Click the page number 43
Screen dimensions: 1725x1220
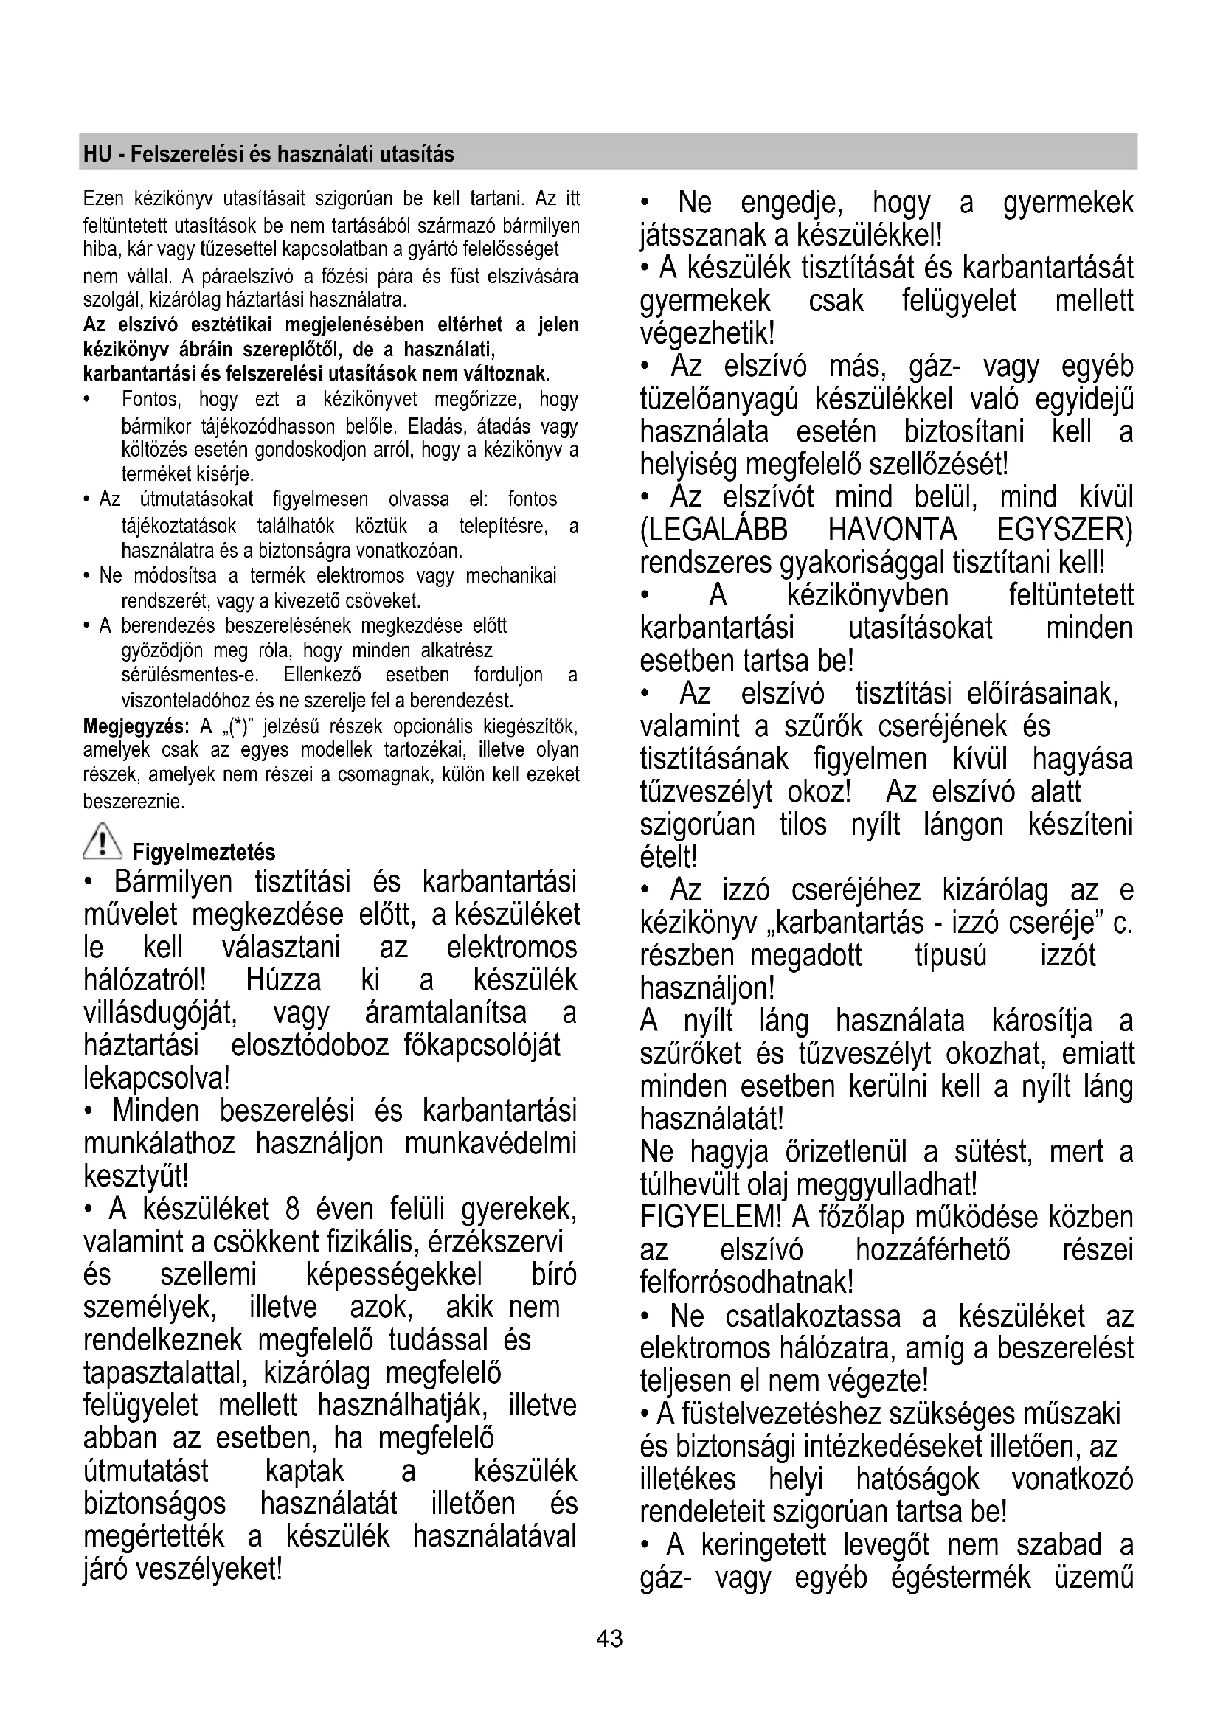tap(609, 1639)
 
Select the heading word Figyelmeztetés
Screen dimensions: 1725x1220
tap(204, 853)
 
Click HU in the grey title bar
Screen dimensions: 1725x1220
tap(97, 154)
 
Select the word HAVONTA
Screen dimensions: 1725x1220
tap(893, 530)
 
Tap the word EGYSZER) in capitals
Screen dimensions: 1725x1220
tap(1064, 530)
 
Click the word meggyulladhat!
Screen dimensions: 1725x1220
tap(887, 1185)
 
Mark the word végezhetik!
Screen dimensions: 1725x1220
tap(707, 332)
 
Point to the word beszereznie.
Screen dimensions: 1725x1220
tap(133, 802)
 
